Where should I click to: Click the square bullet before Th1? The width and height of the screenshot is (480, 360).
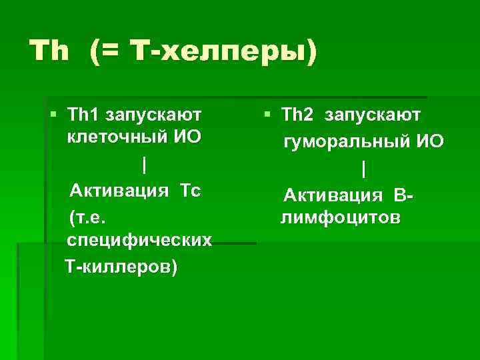pos(54,115)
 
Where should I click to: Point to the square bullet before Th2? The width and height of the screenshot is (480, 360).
pos(267,115)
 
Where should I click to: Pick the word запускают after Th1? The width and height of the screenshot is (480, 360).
pos(155,115)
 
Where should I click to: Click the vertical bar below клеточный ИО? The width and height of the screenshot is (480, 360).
pos(145,163)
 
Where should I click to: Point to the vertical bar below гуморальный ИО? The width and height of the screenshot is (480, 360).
pos(363,170)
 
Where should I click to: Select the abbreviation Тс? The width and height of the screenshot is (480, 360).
pos(189,191)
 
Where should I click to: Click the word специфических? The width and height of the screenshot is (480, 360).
pos(140,239)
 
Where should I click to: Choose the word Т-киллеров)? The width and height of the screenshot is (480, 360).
pos(121,267)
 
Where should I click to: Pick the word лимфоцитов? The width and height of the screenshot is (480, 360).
pos(341,218)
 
